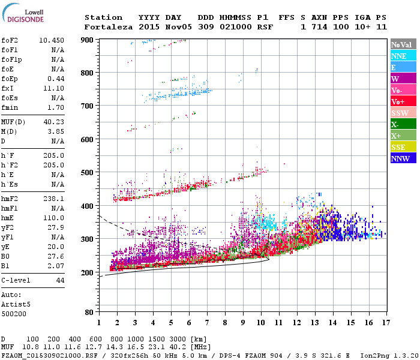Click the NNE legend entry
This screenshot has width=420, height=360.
tap(399, 56)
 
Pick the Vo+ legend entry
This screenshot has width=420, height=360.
tap(399, 101)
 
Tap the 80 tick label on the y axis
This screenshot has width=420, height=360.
tap(89, 313)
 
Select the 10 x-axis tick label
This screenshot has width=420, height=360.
tap(260, 323)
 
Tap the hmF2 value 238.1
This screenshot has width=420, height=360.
tap(54, 197)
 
